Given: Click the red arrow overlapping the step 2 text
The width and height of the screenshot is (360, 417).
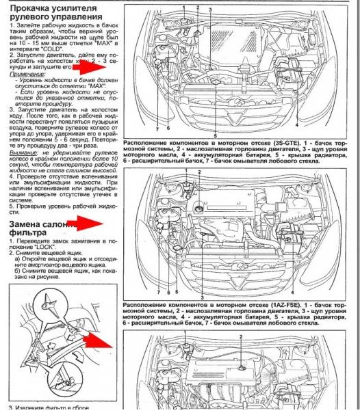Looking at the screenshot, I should [90, 65].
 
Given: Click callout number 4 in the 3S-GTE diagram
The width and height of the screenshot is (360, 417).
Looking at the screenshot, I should [296, 126].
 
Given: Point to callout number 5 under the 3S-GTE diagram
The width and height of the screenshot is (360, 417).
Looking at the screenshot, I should [214, 135].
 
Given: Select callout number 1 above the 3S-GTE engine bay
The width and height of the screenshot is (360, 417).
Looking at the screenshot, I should [183, 6].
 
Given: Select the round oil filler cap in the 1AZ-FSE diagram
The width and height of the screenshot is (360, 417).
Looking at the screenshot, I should [198, 206].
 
